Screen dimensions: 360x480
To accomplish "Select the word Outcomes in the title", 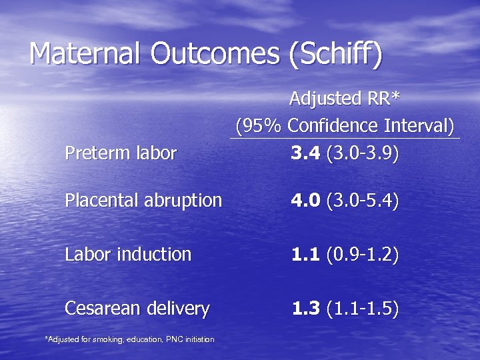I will [215, 54].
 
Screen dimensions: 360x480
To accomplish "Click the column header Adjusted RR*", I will [345, 99].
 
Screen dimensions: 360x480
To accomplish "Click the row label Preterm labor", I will [121, 154].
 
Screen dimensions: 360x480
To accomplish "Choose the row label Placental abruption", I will [143, 201].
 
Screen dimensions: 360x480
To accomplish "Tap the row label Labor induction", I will [128, 254].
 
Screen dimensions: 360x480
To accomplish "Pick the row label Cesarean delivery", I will [137, 309].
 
